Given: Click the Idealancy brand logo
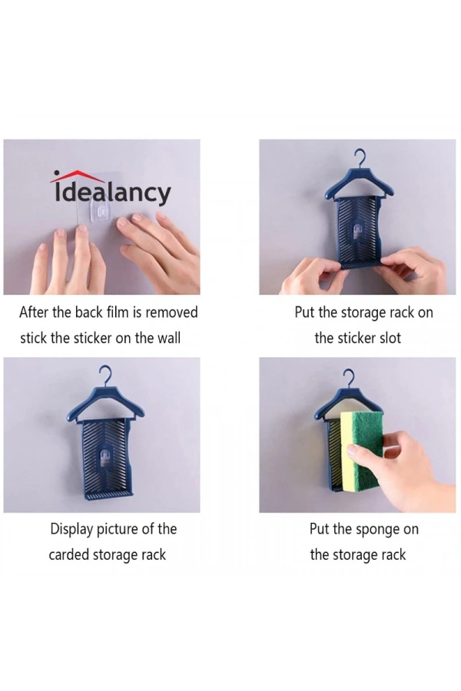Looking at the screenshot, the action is [x=111, y=188].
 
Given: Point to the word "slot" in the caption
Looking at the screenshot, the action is [x=388, y=338].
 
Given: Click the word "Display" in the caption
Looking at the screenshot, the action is [x=71, y=529].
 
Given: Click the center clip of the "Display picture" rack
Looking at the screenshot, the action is [x=104, y=457].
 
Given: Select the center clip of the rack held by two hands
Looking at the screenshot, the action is [x=358, y=229].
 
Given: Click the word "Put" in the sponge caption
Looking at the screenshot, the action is [x=320, y=529].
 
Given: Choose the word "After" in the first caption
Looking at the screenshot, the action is [x=34, y=312].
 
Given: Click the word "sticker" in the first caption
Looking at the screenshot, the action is [x=93, y=338].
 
